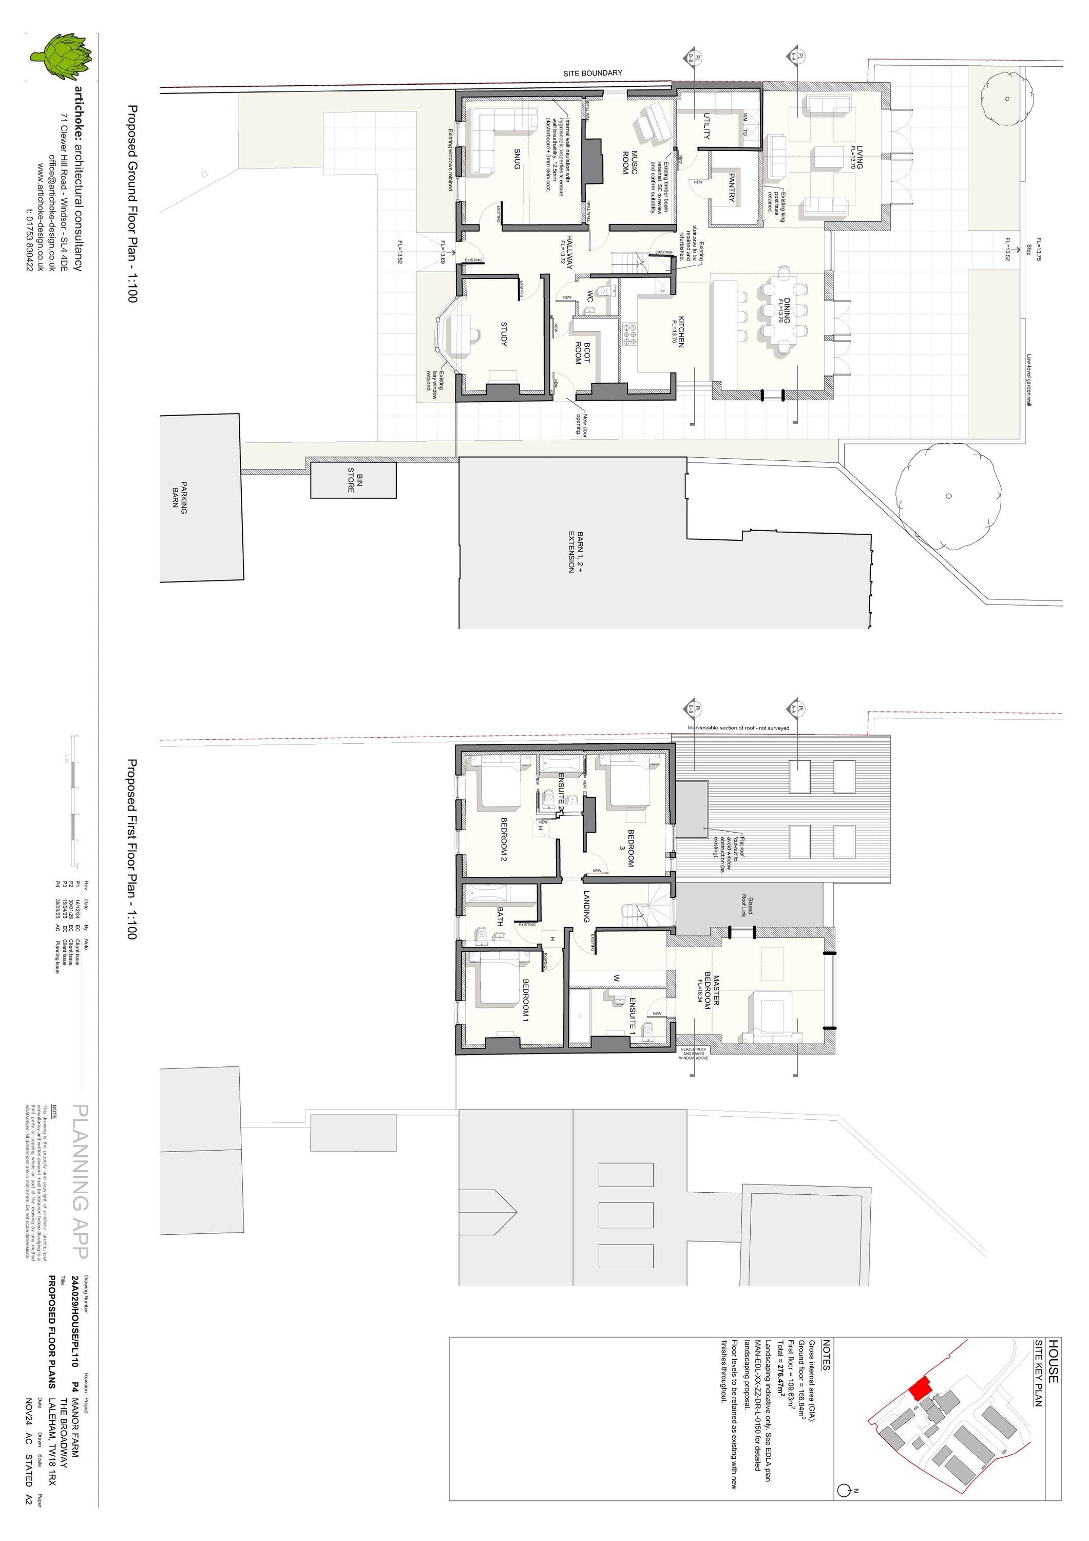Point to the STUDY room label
504,334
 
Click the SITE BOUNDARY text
593,73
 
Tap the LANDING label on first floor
586,906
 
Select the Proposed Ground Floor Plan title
131,203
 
